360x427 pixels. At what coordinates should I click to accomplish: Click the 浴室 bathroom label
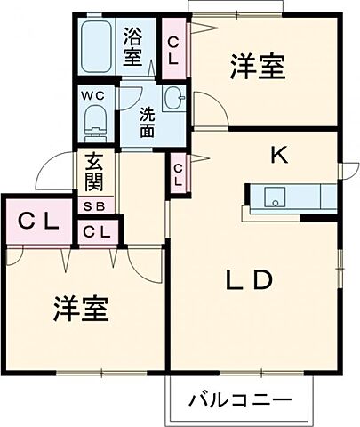point(132,48)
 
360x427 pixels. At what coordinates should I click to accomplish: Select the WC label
point(94,95)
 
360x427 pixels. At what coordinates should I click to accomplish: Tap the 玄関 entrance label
point(93,175)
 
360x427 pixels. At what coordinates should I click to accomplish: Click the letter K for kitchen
point(279,156)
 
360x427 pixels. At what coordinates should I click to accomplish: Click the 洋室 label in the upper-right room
point(258,67)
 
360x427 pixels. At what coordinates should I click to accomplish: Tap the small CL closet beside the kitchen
point(179,172)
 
